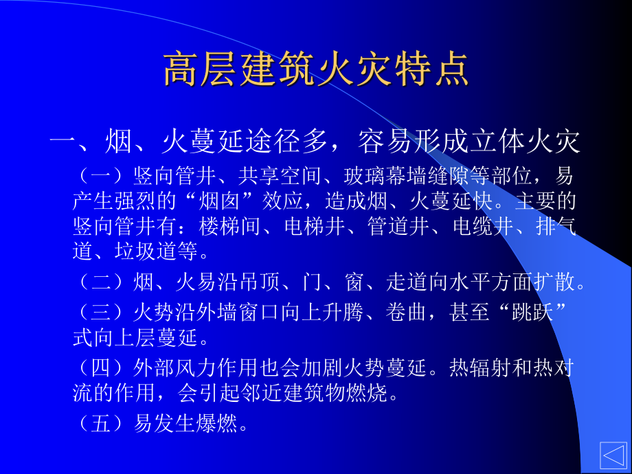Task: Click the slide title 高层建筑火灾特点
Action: click(x=316, y=69)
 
